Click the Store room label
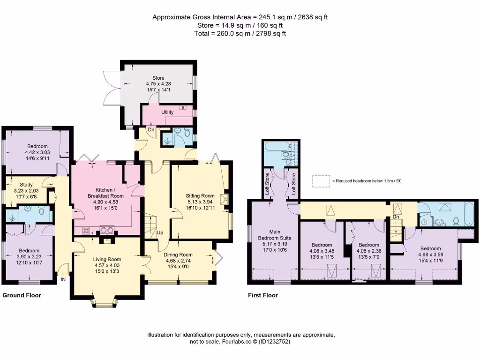click(x=158, y=78)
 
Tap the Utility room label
click(x=167, y=112)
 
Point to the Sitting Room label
click(x=200, y=196)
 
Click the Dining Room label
click(x=180, y=255)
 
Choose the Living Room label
click(x=107, y=259)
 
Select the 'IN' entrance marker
click(x=63, y=280)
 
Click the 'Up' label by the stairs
click(x=160, y=233)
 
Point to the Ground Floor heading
click(x=22, y=295)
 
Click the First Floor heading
click(x=262, y=295)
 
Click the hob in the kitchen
click(x=87, y=230)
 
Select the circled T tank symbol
click(x=424, y=222)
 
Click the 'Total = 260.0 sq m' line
click(x=240, y=33)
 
